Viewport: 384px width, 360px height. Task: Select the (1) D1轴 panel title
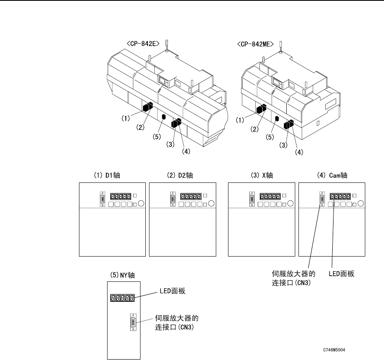[102, 175]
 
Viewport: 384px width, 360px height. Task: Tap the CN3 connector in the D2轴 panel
[173, 200]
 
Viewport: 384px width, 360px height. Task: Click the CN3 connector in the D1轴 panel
[102, 200]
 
